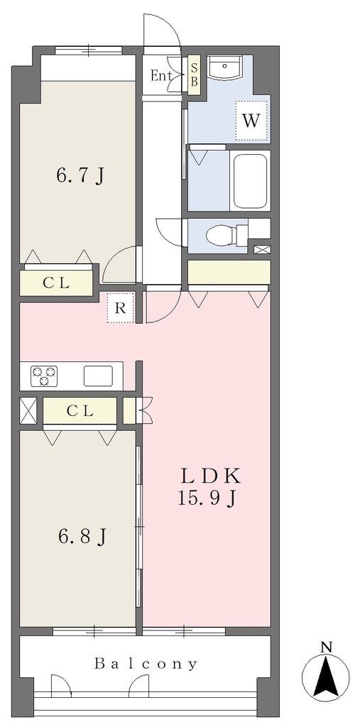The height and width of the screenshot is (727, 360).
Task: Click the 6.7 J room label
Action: click(80, 176)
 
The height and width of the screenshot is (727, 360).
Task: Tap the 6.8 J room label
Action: click(82, 537)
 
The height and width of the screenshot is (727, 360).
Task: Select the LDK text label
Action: click(209, 476)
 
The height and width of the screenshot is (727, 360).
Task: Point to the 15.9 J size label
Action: click(207, 498)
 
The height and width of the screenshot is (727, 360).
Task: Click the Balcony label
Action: click(146, 664)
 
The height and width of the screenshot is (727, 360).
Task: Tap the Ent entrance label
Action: click(161, 75)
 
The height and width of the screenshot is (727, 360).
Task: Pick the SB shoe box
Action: click(195, 75)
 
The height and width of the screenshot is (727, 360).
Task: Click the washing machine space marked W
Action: click(251, 121)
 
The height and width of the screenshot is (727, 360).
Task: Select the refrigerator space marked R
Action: click(121, 308)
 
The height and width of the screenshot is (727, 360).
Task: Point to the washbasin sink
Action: click(224, 67)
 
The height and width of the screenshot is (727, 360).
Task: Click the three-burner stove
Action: click(45, 376)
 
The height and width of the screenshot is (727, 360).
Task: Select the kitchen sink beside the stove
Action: click(99, 376)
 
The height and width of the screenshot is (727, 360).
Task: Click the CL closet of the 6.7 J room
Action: click(56, 283)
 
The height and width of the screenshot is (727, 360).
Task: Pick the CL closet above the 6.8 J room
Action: click(80, 410)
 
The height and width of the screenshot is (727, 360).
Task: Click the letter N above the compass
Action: click(327, 646)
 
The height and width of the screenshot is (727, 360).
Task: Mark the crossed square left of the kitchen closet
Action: click(28, 411)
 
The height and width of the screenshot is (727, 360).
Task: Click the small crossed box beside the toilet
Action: click(262, 250)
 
